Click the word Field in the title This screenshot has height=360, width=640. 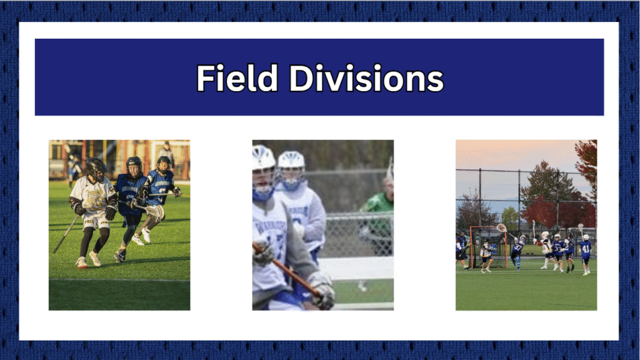pos(237,77)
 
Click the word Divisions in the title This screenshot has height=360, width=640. pos(366,77)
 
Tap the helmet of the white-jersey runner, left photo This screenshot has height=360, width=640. pos(96,169)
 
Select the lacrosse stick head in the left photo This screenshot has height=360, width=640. pos(155,212)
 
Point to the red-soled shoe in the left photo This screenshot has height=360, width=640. pos(82,263)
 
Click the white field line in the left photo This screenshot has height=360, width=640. pos(119,279)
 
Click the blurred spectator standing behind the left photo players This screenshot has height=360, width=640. pos(166,154)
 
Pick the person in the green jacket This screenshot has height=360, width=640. pos(377,221)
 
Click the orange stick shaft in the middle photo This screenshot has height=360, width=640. pos(286,269)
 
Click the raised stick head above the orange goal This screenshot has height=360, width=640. pos(502,227)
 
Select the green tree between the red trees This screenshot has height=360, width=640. pos(510,217)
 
